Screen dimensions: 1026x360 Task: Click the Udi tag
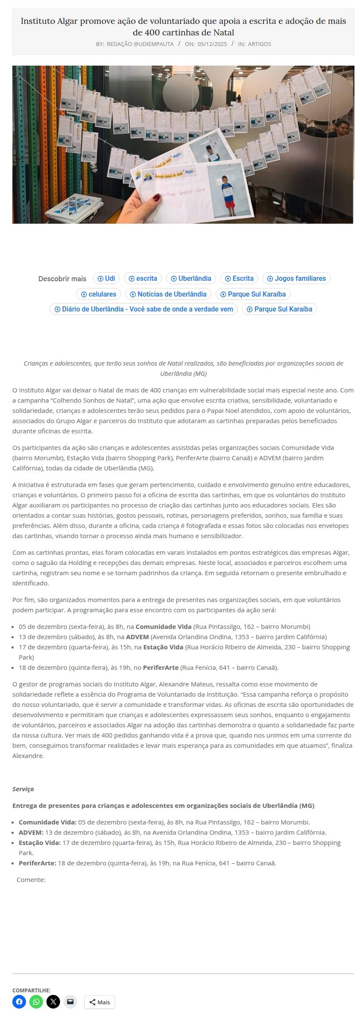point(107,279)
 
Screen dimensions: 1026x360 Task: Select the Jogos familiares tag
point(297,279)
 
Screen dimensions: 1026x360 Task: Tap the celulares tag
point(99,294)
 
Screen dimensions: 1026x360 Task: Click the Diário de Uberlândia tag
point(144,309)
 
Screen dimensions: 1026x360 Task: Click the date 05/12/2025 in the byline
point(212,44)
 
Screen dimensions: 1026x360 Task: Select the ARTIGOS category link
point(259,44)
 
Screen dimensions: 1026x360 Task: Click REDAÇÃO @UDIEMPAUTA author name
point(140,44)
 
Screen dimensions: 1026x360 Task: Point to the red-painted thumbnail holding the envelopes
point(156,198)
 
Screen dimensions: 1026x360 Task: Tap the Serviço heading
point(23,789)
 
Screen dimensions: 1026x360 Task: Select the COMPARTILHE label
point(31,990)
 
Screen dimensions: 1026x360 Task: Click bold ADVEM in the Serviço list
point(30,833)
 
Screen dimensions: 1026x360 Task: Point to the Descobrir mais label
point(62,279)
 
